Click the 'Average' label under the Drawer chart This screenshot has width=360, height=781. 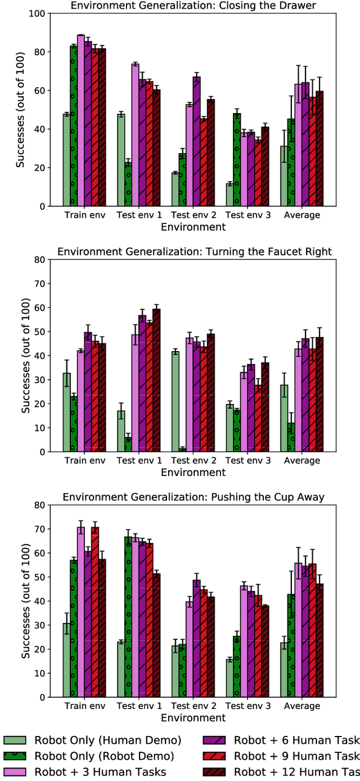pyautogui.click(x=302, y=215)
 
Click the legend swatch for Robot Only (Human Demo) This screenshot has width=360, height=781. pyautogui.click(x=16, y=740)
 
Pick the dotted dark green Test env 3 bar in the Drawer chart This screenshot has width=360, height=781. pyautogui.click(x=237, y=160)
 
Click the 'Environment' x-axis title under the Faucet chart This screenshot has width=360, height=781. pyautogui.click(x=193, y=473)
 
